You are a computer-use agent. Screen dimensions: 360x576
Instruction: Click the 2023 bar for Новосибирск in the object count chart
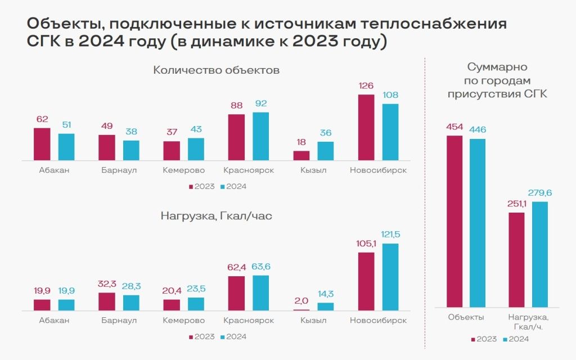[x=366, y=127]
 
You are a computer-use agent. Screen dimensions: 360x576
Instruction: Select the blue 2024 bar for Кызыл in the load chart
[x=326, y=307]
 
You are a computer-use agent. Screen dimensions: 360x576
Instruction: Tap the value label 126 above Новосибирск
[x=366, y=86]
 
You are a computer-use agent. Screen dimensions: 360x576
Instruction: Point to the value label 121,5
[x=390, y=235]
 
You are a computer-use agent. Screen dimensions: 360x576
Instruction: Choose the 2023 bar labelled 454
[x=454, y=221]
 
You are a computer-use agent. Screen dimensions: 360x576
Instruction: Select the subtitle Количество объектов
[x=216, y=70]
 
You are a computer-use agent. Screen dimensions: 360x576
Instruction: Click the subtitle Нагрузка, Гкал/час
[x=216, y=215]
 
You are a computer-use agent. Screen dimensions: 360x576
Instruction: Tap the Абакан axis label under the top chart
[x=55, y=170]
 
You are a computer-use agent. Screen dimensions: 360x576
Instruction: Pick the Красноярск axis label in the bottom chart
[x=249, y=321]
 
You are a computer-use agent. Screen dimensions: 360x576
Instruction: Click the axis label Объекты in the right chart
[x=466, y=317]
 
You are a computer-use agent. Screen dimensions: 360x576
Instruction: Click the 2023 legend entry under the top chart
[x=201, y=186]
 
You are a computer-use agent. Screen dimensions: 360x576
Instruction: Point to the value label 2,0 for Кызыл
[x=301, y=301]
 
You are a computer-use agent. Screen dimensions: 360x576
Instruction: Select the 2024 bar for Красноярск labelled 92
[x=261, y=136]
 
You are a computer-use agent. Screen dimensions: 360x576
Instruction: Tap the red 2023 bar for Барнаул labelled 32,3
[x=107, y=301]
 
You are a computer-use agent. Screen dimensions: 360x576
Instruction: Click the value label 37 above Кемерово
[x=172, y=132]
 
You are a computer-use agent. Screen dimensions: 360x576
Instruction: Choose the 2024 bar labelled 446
[x=478, y=222]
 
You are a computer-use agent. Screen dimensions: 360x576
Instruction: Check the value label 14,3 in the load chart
[x=326, y=294]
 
